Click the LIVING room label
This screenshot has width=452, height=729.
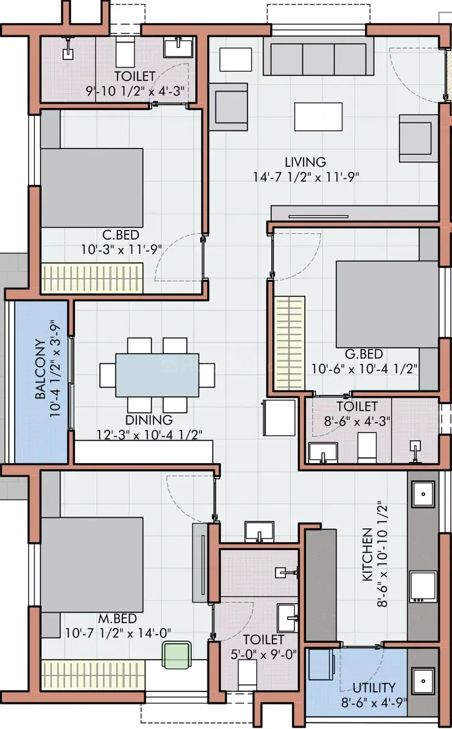point(305,162)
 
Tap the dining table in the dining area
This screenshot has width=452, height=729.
point(157,375)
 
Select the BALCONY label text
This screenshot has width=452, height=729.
point(41,369)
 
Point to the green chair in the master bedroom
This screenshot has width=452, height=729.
point(176,655)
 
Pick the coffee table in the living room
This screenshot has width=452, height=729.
point(318,117)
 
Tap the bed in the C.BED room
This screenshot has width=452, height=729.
point(92,188)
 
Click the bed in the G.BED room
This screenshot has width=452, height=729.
point(387,304)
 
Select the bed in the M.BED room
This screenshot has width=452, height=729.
point(92,565)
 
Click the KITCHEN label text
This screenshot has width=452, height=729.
point(367,554)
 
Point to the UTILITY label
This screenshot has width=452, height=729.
point(374,688)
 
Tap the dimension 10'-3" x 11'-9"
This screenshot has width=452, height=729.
point(122,249)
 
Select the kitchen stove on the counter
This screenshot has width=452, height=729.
point(423,586)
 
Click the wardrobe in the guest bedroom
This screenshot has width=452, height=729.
point(289,344)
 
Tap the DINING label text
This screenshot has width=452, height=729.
point(149,420)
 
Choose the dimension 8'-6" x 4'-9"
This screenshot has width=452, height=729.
point(374,702)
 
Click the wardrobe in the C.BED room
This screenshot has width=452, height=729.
point(92,279)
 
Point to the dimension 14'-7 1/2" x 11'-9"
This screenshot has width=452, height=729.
point(307,177)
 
